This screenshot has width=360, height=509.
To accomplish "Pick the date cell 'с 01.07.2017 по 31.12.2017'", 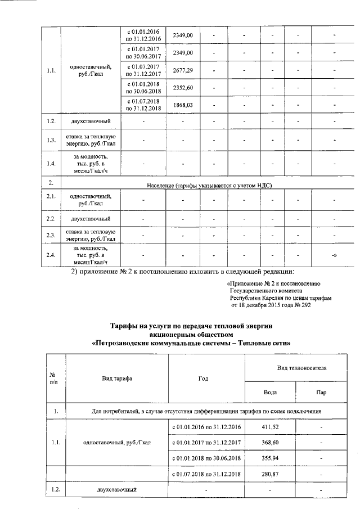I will (143, 70).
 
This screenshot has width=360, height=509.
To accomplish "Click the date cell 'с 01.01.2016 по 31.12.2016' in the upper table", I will (143, 35).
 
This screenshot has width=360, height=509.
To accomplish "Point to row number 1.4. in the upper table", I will (51, 164).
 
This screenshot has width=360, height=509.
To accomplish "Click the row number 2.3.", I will (51, 235).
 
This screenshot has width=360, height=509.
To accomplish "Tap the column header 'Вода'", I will (270, 391).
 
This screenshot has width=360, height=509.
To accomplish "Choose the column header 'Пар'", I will (320, 391).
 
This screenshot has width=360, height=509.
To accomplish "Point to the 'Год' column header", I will (204, 379).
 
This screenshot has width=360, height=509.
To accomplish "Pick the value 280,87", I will (270, 475).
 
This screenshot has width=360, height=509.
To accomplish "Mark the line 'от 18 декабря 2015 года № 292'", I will (271, 305).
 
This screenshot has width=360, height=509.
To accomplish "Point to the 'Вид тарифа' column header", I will (117, 379).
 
